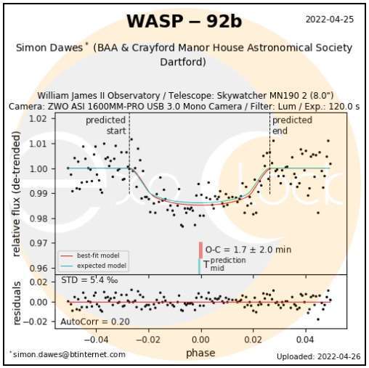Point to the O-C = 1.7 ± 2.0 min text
pos(248,250)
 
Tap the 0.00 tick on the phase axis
pos(201,338)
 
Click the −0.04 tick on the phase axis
pos(96,338)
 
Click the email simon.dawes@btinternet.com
pos(68,354)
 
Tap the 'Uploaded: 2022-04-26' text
pos(317,356)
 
